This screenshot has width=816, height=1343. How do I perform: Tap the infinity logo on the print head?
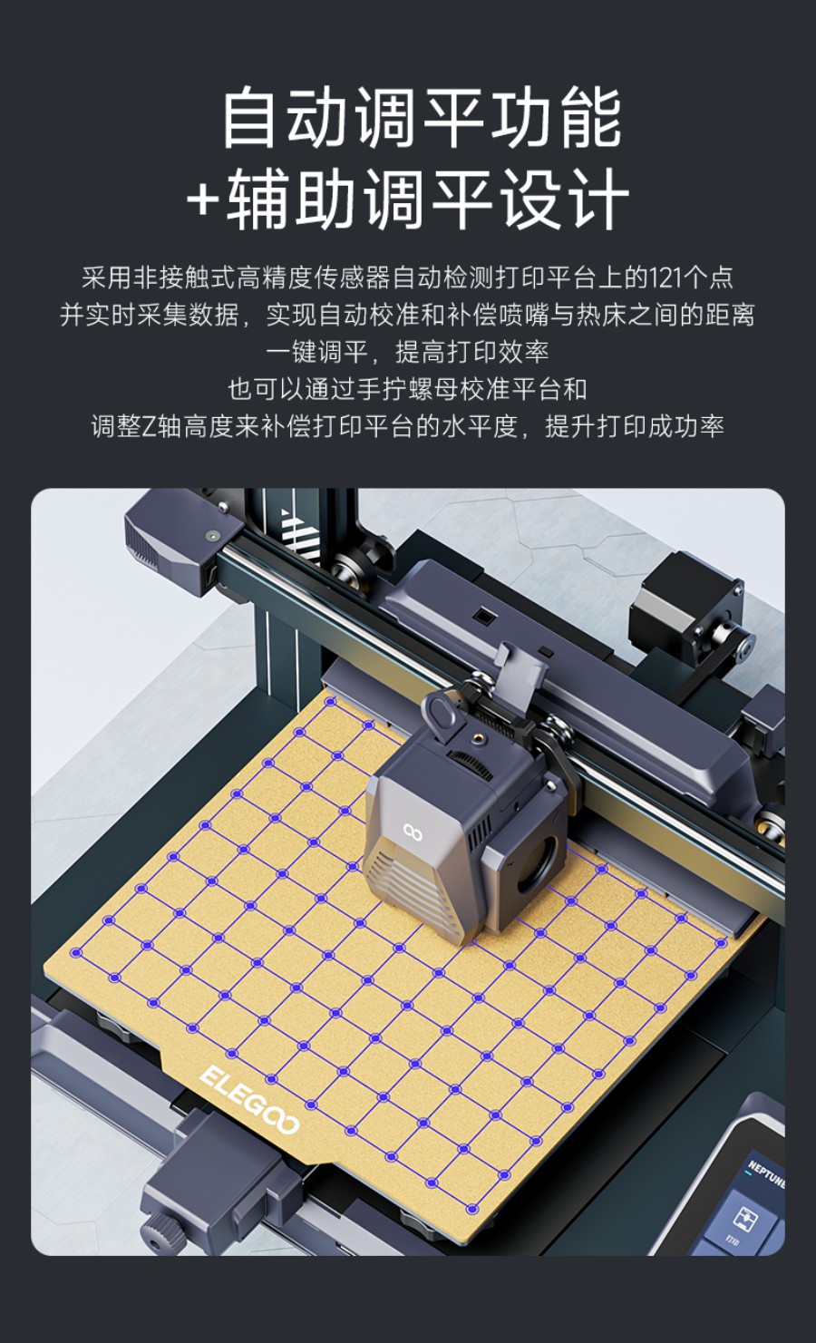point(413,830)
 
